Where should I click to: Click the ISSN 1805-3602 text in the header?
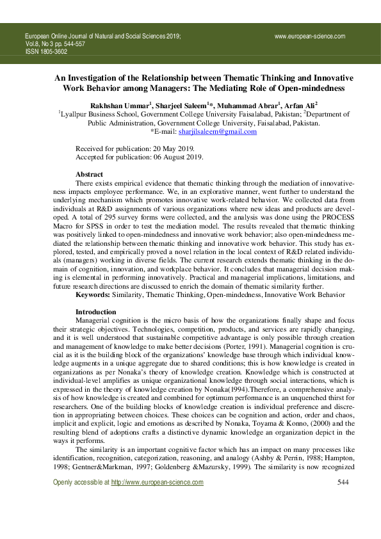(x=46, y=52)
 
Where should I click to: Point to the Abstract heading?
(x=89, y=174)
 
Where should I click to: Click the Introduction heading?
(x=96, y=311)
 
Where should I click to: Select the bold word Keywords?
(x=95, y=294)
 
